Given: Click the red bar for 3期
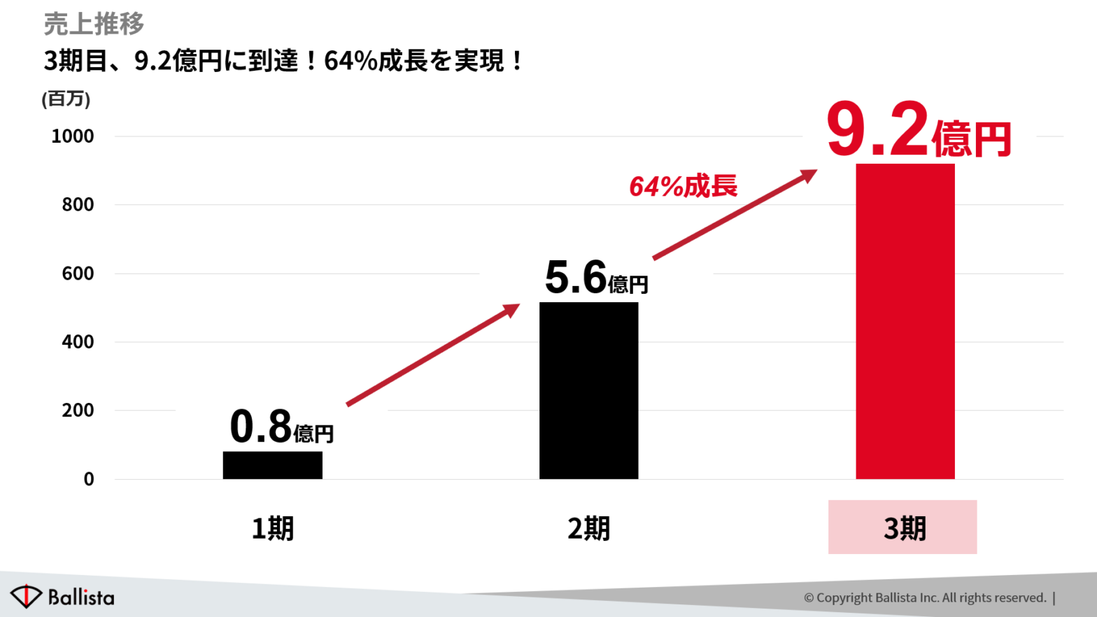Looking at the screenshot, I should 905,322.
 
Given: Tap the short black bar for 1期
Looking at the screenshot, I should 272,465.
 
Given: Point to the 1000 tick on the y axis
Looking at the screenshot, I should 72,136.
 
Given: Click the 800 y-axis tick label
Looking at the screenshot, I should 77,205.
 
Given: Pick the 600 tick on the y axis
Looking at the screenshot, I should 77,274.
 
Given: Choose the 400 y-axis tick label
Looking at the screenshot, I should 77,342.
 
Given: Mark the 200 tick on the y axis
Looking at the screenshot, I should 77,411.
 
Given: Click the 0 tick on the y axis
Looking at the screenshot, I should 89,479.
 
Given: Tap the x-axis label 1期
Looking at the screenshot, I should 272,528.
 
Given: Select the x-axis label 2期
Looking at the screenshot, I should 588,528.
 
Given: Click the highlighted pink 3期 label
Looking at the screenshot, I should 903,527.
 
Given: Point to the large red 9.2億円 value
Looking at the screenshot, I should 918,131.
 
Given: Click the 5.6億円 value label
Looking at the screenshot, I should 596,278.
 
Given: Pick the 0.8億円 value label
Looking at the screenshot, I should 281,427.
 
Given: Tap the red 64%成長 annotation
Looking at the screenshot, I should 683,187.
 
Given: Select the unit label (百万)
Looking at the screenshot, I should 66,99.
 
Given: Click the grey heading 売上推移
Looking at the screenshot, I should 94,24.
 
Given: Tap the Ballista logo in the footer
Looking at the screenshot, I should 62,597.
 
